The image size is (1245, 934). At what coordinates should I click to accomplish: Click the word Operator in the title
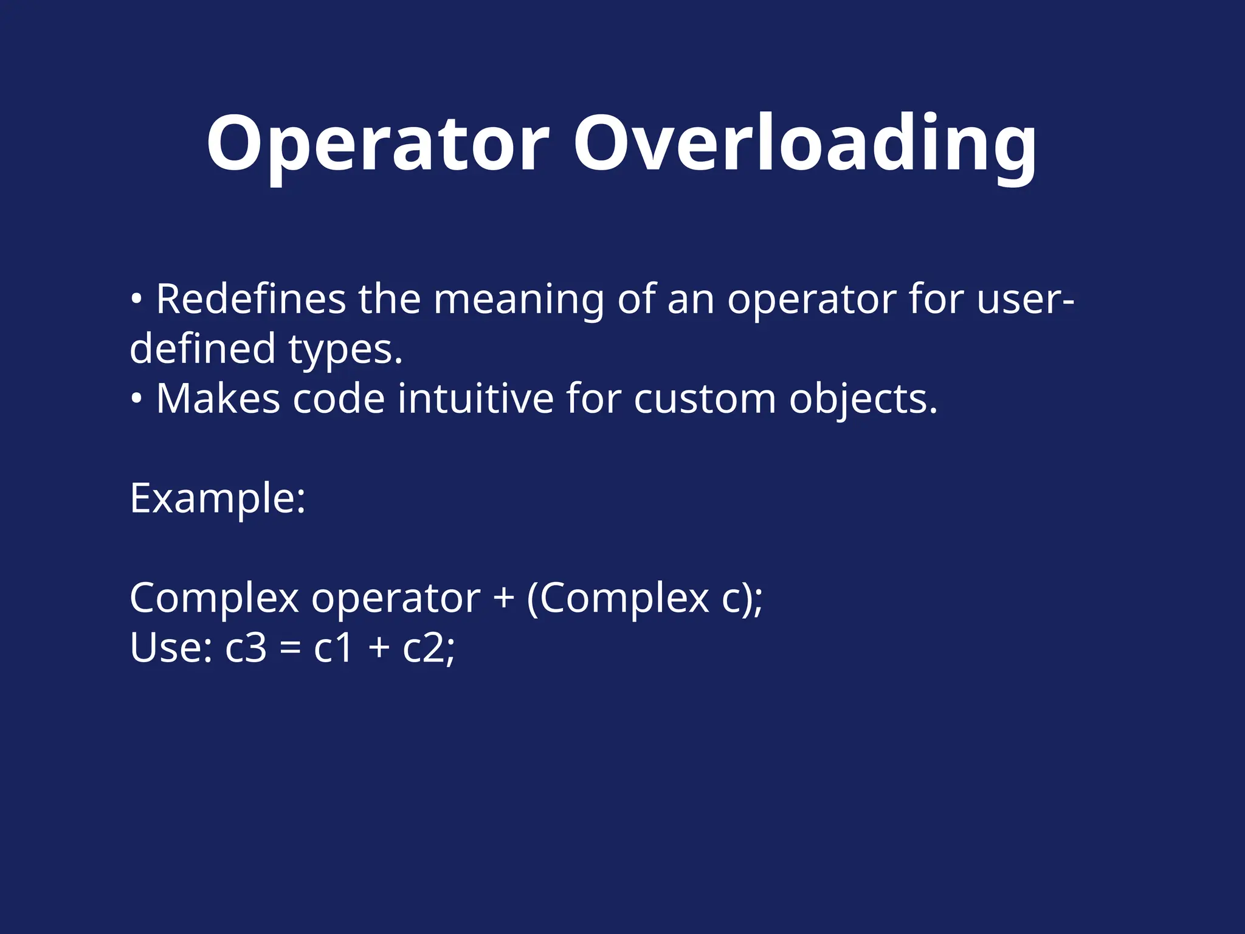tap(378, 145)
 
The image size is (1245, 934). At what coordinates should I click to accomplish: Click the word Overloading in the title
tap(805, 145)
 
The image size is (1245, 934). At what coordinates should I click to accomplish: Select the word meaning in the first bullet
tap(519, 299)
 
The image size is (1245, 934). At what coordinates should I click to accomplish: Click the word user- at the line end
tap(1026, 299)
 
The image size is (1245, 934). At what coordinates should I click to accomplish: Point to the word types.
tap(345, 350)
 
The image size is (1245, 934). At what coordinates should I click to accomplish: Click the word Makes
tap(218, 399)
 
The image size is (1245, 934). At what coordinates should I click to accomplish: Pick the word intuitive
tap(475, 399)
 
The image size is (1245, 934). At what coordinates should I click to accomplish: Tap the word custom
tap(705, 399)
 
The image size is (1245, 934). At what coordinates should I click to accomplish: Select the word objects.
tap(863, 399)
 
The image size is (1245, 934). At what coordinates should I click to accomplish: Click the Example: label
tap(218, 499)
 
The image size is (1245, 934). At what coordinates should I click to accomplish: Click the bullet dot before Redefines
tap(137, 299)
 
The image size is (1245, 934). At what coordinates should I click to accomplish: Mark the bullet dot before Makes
tap(137, 399)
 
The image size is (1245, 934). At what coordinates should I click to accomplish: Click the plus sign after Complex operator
tap(503, 598)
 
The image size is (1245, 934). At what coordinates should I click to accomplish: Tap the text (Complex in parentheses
tap(618, 598)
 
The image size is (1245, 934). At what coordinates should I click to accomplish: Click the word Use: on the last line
tap(171, 648)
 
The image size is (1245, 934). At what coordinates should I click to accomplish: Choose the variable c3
tap(246, 648)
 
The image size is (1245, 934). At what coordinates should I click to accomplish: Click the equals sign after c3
tap(291, 648)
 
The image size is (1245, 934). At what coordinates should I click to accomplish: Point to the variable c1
tap(333, 648)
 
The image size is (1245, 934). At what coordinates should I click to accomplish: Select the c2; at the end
tap(429, 648)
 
